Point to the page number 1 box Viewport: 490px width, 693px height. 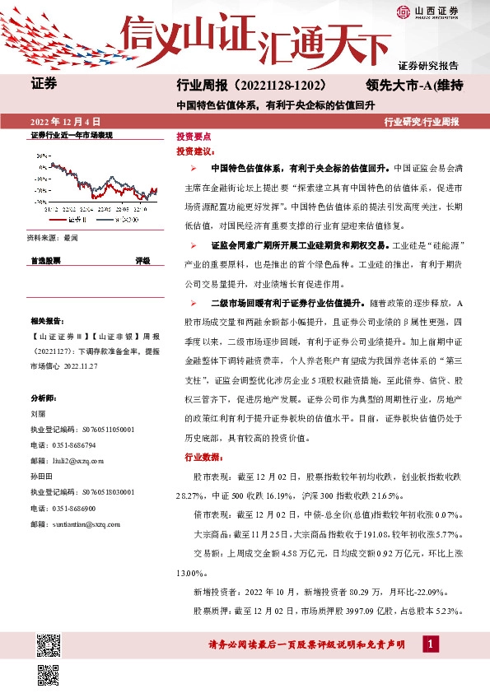coord(430,644)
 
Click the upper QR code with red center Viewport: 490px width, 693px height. coord(49,644)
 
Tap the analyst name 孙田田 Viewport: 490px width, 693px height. coord(41,477)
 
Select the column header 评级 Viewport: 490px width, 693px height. coord(142,260)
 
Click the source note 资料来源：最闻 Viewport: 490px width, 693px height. coord(52,238)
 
